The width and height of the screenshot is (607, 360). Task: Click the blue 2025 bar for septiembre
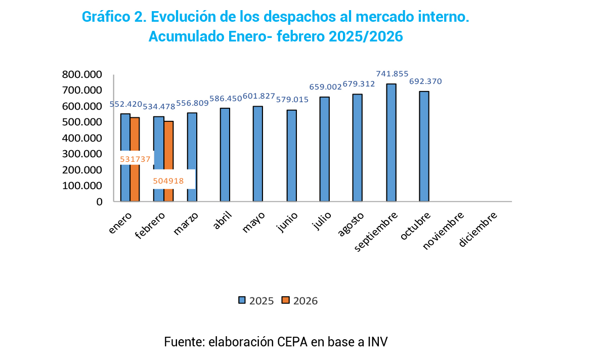click(391, 143)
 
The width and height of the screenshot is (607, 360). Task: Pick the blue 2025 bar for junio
click(291, 156)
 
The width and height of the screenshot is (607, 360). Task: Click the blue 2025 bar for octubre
click(424, 147)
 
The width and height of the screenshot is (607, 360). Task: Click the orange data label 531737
click(135, 159)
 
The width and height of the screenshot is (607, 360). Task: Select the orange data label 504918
click(168, 181)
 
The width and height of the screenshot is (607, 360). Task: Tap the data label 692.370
click(426, 81)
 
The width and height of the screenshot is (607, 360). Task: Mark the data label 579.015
click(292, 100)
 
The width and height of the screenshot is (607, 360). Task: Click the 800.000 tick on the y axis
click(82, 74)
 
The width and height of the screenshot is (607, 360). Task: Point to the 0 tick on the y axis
click(99, 202)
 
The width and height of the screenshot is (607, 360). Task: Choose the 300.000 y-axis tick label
click(82, 154)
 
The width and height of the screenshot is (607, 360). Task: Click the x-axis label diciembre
click(479, 229)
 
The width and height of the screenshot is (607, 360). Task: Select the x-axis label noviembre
click(444, 231)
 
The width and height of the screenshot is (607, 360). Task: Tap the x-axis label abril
click(223, 221)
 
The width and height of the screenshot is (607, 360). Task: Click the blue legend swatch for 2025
click(242, 300)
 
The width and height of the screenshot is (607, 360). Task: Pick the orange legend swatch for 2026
click(286, 300)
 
